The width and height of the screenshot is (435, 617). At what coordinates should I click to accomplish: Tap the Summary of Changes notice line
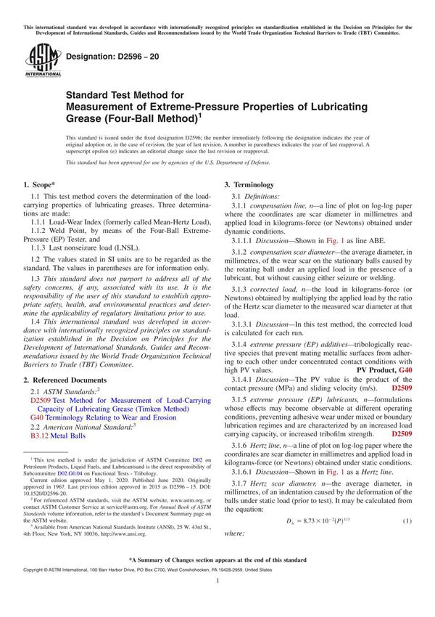coord(217,560)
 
